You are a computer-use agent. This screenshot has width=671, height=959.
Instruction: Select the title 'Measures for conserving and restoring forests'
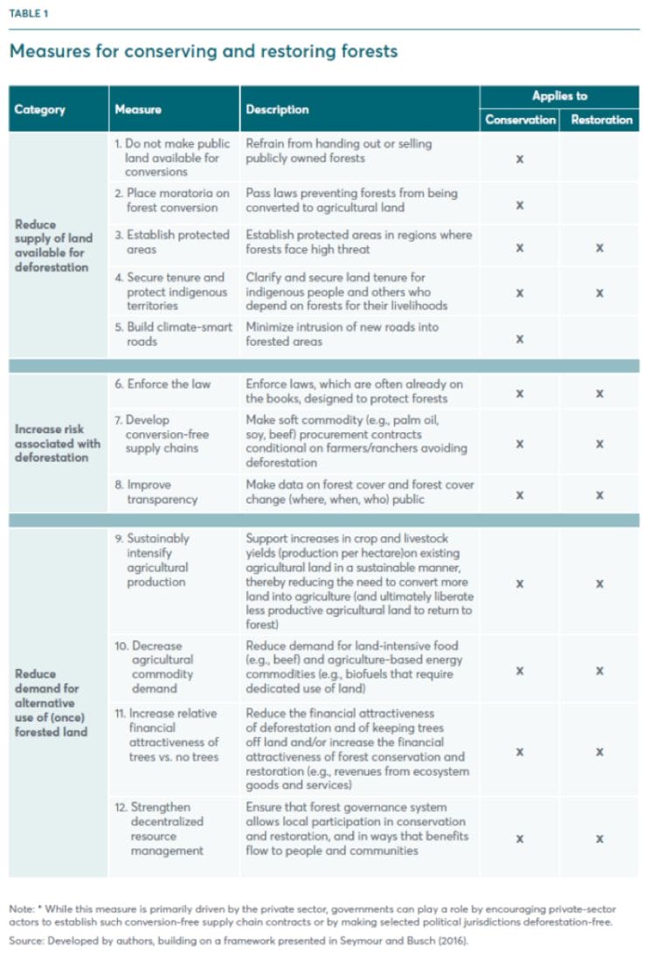coord(203,51)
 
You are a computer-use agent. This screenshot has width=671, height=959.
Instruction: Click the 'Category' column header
coord(39,110)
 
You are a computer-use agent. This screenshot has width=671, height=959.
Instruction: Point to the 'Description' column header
coord(277,110)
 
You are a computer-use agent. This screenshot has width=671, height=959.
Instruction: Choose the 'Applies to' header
coord(559,96)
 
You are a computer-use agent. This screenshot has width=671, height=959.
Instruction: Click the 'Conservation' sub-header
coord(520,120)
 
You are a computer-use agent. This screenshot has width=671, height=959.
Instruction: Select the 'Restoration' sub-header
coord(600,120)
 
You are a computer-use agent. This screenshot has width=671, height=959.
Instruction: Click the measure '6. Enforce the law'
coord(169,384)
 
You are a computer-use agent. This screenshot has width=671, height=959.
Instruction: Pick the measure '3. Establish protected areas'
coord(172,242)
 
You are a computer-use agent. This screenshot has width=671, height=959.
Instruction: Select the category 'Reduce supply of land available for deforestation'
coord(52,245)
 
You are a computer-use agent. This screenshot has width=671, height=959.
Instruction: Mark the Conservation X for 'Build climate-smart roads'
coord(520,339)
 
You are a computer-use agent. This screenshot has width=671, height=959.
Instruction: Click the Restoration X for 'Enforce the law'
coord(599,394)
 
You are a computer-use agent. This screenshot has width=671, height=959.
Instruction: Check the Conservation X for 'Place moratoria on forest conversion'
coord(520,205)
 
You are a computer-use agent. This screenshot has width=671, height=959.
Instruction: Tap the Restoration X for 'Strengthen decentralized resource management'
coord(599,838)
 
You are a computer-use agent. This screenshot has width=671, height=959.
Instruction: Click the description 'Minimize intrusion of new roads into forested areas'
coord(342,334)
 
